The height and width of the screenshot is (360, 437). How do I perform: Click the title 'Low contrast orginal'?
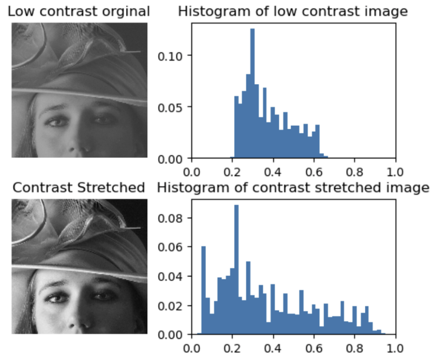pyautogui.click(x=79, y=11)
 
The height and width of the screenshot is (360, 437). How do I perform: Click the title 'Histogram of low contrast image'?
pyautogui.click(x=292, y=11)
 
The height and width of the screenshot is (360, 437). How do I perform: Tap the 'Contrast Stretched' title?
pyautogui.click(x=79, y=187)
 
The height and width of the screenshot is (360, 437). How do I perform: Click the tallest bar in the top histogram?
pyautogui.click(x=252, y=91)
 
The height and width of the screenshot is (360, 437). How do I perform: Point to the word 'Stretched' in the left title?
pyautogui.click(x=114, y=187)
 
